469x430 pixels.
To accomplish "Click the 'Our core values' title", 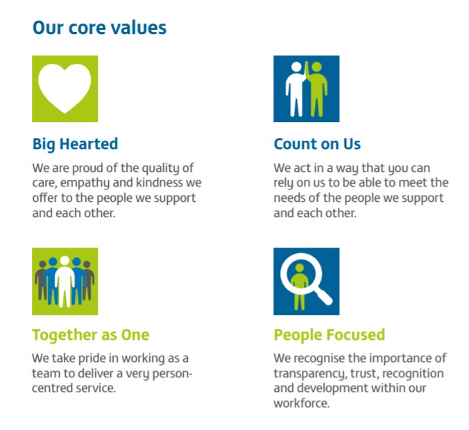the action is (99, 28).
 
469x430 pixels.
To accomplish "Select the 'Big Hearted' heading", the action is (75, 144).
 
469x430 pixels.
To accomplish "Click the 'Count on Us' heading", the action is (317, 144).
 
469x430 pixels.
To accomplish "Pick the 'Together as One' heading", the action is (91, 335).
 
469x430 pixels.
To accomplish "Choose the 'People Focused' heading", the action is (330, 334).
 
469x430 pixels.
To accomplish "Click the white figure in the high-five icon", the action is (296, 89).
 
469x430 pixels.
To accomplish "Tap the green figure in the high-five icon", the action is (317, 89).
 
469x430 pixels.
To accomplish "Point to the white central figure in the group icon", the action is (65, 282).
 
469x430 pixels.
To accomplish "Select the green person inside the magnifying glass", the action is (300, 286).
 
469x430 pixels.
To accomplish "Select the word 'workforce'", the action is (302, 404).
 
